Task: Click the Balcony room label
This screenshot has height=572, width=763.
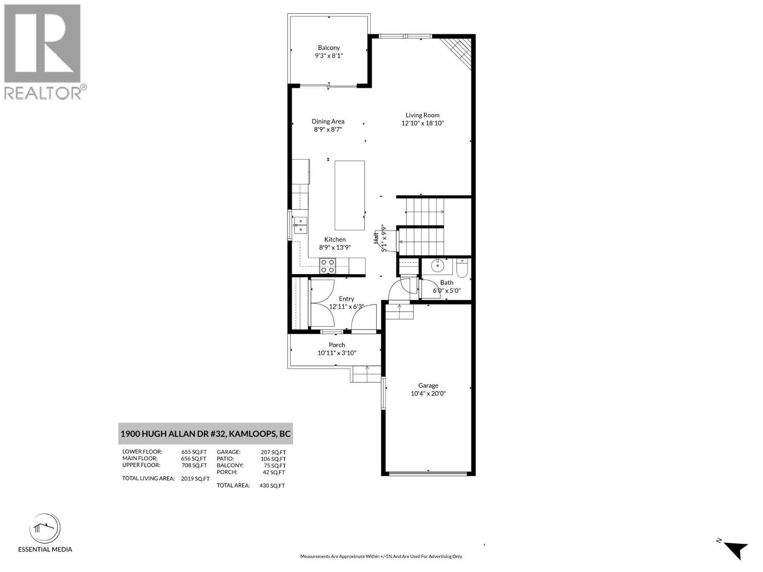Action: [329, 48]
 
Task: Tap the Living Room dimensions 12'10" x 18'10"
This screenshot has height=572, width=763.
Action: [423, 123]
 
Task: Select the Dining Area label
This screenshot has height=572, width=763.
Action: [328, 122]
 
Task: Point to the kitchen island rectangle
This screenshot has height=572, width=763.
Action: [350, 195]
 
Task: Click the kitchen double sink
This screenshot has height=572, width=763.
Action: [301, 225]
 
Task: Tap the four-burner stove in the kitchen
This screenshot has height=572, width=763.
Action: [327, 266]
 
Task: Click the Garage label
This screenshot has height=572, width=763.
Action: [428, 386]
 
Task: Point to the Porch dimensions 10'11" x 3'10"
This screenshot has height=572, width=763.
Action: [337, 353]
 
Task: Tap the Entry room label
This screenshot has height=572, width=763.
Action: [347, 299]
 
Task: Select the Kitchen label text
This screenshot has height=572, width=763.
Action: [335, 240]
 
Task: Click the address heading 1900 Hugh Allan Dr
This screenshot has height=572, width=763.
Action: [205, 434]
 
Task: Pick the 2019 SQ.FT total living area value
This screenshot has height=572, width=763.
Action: [195, 479]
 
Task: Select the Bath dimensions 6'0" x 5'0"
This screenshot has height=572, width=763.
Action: [446, 290]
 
